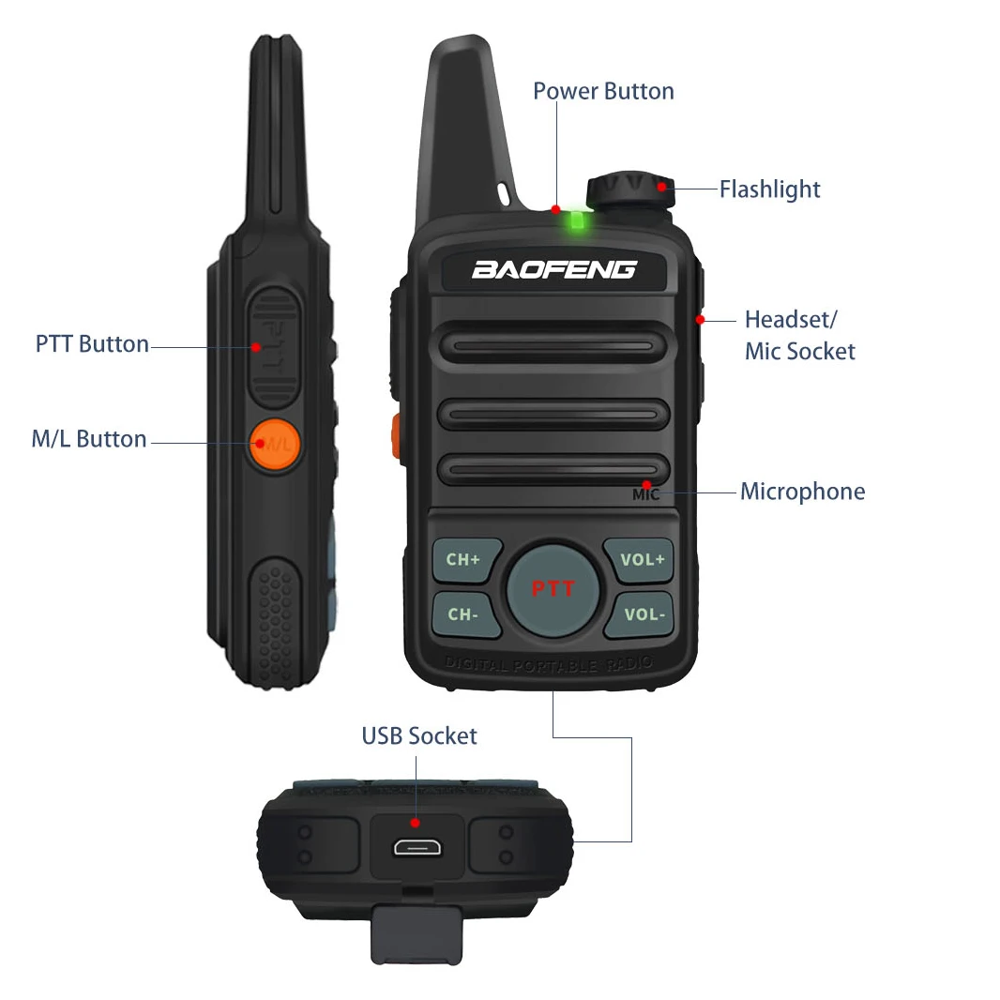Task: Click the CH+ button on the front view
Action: tap(463, 560)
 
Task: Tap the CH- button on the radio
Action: tap(463, 615)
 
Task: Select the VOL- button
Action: tap(644, 615)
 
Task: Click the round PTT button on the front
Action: tap(553, 589)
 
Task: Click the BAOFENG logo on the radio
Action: tap(553, 270)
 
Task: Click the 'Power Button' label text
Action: tap(603, 91)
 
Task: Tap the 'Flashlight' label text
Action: tap(769, 189)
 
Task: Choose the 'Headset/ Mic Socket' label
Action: tap(799, 335)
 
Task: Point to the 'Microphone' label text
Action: tap(802, 492)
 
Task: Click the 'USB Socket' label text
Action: tap(419, 736)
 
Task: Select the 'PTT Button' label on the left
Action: tap(92, 344)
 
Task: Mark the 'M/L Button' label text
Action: tap(89, 439)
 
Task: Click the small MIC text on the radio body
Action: tap(646, 494)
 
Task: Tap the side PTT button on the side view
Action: tap(275, 344)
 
